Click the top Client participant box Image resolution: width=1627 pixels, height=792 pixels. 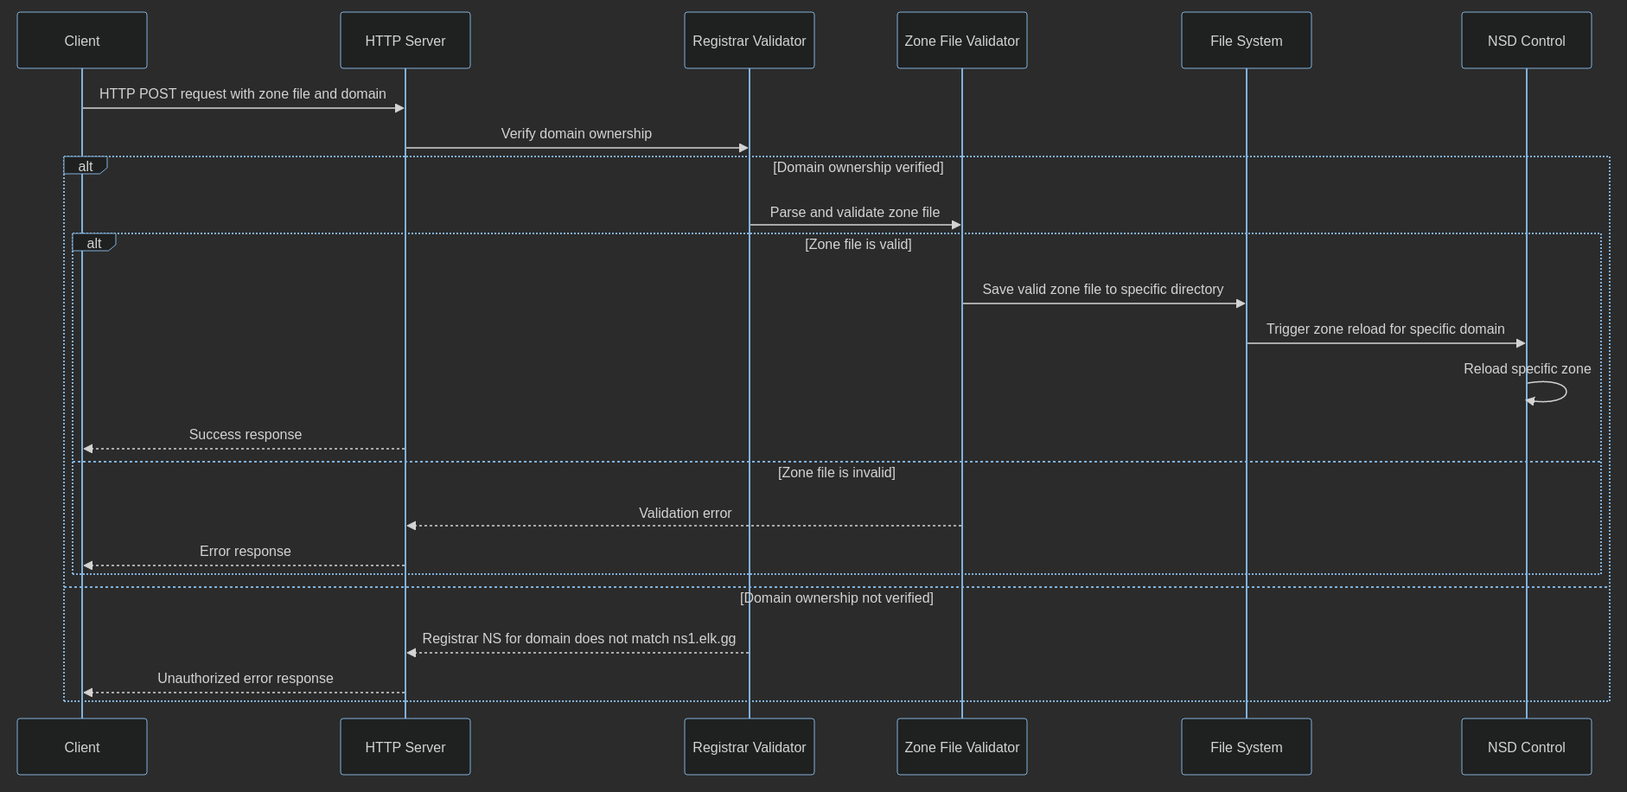tap(82, 41)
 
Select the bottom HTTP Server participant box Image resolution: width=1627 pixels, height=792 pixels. tap(405, 747)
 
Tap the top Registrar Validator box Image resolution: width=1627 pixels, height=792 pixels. tap(749, 41)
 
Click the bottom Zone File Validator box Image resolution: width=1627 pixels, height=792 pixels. tap(961, 747)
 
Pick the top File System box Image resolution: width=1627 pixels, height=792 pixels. tap(1246, 41)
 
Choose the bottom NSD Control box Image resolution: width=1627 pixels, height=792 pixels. tap(1526, 747)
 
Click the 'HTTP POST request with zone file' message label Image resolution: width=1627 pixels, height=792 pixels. tap(242, 93)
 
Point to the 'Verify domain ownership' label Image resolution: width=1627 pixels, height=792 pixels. tap(576, 133)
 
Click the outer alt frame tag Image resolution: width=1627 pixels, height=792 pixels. tap(85, 166)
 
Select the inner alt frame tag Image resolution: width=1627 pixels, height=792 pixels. tap(93, 243)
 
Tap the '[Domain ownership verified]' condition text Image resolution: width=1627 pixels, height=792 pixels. tap(858, 167)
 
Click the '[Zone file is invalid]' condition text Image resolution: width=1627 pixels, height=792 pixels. tap(836, 472)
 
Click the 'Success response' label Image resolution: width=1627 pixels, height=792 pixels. tap(245, 434)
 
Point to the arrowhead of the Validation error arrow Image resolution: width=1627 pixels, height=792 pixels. tap(412, 526)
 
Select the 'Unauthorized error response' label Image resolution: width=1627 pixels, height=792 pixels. tap(245, 678)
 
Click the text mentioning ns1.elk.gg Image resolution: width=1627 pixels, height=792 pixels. tap(578, 638)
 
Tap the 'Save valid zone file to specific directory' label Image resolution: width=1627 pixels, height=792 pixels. tap(1102, 289)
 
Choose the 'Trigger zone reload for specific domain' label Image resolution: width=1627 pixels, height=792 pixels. tap(1385, 329)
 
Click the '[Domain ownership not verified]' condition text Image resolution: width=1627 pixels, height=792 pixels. tap(836, 597)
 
